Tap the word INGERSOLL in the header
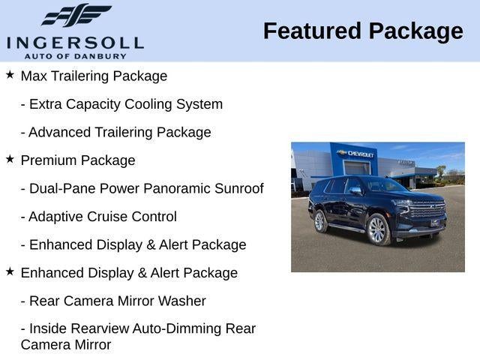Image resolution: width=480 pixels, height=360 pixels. click(x=75, y=42)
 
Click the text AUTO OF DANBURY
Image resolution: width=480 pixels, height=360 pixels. click(x=75, y=56)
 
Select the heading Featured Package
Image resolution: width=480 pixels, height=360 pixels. click(x=363, y=31)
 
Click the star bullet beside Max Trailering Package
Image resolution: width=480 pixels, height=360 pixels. click(x=10, y=75)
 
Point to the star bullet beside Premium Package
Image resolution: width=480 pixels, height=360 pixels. click(x=10, y=159)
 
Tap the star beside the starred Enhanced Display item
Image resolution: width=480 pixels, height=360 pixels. click(x=10, y=271)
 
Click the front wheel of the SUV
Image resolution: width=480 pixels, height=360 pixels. click(x=377, y=230)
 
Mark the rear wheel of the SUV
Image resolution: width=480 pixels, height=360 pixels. click(x=320, y=221)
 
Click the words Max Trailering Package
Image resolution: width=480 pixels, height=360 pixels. click(x=94, y=76)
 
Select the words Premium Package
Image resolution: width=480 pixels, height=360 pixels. click(x=78, y=160)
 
